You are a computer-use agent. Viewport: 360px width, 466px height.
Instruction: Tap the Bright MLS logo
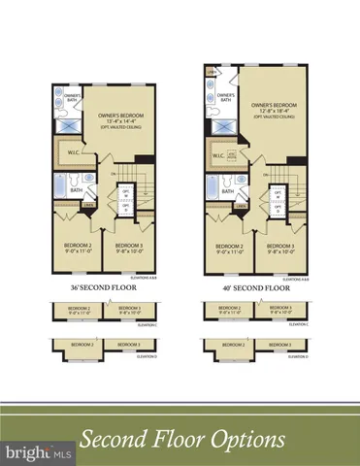[37, 452]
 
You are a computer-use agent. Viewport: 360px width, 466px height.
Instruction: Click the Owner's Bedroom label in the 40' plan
[271, 108]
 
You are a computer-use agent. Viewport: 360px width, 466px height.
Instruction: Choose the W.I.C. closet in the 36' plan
[73, 154]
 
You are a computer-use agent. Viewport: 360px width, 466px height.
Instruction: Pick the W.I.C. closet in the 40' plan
[223, 157]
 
